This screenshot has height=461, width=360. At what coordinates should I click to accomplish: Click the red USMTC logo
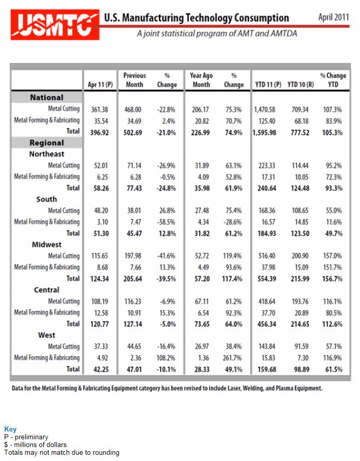tap(55, 24)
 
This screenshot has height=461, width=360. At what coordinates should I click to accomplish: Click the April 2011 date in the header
tap(334, 17)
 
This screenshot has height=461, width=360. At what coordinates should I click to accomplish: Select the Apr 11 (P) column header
tap(100, 85)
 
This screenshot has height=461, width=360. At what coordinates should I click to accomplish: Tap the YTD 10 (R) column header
tap(301, 85)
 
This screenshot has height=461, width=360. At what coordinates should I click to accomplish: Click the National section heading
tap(47, 98)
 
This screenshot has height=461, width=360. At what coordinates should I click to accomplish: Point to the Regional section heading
tap(47, 142)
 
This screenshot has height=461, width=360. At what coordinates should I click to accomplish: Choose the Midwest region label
tap(47, 244)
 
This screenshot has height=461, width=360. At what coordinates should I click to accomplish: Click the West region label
tap(47, 335)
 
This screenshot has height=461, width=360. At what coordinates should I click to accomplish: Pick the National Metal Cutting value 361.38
tap(100, 109)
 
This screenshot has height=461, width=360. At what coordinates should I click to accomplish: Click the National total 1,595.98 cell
tap(264, 133)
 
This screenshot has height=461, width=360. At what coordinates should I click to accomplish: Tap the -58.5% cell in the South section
tap(166, 222)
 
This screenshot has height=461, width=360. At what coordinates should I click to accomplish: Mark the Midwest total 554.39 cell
tap(267, 279)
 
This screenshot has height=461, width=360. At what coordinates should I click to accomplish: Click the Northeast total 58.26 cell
tap(101, 188)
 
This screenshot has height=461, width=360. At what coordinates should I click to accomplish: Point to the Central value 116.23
tap(133, 301)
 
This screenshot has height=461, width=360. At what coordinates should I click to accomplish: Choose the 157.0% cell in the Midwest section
tap(332, 256)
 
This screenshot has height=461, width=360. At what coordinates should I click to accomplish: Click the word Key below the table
tap(10, 429)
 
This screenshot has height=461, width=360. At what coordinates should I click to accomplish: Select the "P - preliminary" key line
tap(26, 437)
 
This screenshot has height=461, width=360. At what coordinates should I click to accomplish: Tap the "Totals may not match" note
tap(62, 452)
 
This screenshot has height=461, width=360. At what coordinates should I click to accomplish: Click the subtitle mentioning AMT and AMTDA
tap(217, 34)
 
